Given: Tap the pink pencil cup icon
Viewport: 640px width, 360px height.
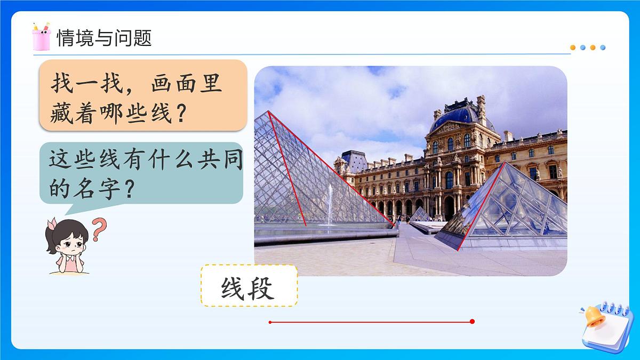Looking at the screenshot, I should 41,37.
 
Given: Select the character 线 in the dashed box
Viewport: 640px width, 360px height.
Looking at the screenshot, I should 233,290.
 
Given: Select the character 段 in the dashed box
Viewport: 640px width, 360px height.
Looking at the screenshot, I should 262,290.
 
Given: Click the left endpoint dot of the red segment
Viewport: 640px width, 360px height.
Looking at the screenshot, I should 270,322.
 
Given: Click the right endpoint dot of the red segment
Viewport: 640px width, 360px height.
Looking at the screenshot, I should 472,322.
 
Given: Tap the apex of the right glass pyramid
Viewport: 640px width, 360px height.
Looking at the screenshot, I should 503,163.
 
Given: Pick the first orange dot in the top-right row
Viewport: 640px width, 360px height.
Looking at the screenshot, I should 573,47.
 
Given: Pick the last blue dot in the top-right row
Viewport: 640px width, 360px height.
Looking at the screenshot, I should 603,47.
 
